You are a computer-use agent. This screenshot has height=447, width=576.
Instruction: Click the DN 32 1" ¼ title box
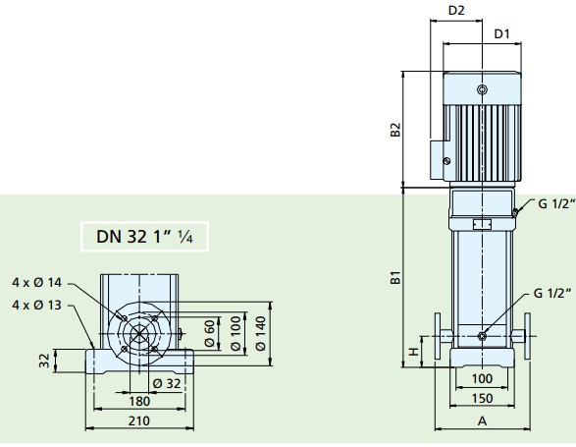click(144, 237)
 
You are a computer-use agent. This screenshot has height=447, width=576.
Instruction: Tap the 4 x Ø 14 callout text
click(36, 283)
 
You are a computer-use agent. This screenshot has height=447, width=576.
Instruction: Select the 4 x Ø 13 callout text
click(36, 305)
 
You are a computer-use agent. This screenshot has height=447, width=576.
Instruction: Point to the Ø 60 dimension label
click(209, 333)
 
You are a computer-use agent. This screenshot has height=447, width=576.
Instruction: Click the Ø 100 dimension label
click(236, 333)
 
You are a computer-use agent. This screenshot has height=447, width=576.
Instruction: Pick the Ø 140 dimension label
click(260, 333)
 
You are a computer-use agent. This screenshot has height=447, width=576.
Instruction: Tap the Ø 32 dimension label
click(167, 384)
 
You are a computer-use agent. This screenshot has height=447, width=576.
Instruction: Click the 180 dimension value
click(139, 402)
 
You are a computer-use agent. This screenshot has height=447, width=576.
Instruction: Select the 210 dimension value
click(139, 420)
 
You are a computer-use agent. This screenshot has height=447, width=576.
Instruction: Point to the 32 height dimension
click(44, 361)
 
